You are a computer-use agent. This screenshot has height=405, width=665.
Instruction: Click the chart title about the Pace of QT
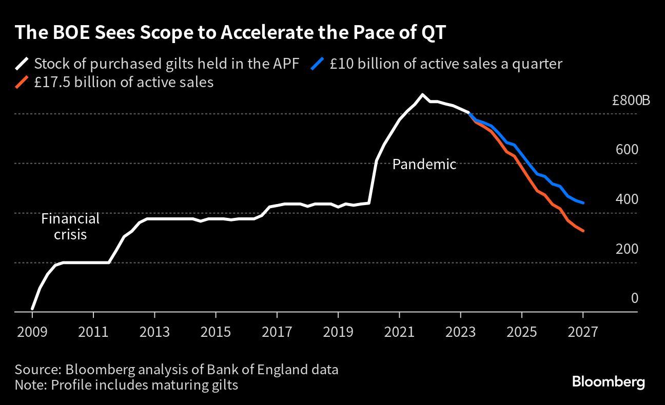230,33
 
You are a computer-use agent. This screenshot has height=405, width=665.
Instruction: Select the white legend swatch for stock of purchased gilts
22,64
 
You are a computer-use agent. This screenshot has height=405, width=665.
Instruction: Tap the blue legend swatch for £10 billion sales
318,64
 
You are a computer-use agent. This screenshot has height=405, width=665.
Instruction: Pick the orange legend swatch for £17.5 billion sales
22,82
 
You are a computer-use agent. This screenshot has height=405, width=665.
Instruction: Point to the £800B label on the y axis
631,100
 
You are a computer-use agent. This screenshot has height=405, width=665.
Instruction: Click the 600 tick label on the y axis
627,150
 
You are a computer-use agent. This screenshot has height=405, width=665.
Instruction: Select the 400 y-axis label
627,199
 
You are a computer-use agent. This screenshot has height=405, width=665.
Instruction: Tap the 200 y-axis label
627,249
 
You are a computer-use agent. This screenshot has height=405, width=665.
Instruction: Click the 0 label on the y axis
634,298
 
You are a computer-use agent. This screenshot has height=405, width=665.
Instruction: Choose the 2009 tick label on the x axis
32,332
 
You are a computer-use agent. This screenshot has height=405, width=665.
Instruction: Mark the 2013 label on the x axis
154,332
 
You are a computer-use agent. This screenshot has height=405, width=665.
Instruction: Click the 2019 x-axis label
338,332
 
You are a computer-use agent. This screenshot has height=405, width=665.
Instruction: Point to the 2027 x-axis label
583,332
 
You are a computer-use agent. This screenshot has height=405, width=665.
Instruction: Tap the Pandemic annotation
424,165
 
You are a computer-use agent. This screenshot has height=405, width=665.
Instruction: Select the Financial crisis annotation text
70,227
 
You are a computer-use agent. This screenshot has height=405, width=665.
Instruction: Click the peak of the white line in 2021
422,94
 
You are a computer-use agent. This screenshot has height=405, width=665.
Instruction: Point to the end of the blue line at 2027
583,203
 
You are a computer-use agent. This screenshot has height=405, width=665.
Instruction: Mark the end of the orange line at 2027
583,231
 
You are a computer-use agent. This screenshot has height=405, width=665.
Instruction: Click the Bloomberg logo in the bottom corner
609,382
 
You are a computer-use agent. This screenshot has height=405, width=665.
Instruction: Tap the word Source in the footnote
35,370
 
